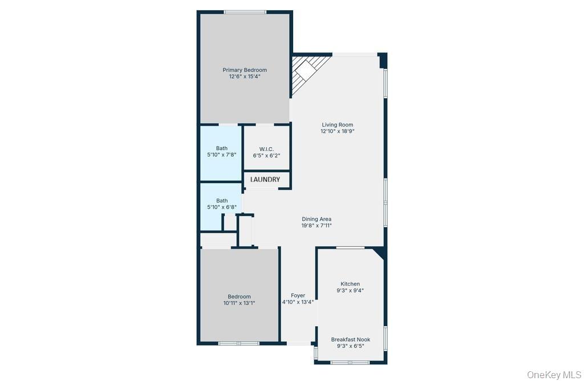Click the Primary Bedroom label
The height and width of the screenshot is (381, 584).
[x=245, y=70]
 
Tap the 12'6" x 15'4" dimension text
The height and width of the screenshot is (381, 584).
[x=245, y=77]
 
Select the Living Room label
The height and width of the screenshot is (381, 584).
[x=338, y=125]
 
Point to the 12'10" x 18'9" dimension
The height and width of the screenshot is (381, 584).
[x=338, y=131]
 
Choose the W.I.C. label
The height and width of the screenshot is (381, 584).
[x=267, y=149]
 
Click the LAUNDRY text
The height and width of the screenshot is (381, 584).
[x=266, y=180]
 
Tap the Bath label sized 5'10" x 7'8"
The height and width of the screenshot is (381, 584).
[x=221, y=148]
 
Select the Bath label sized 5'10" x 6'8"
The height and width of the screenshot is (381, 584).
[x=222, y=201]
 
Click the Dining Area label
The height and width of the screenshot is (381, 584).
[x=317, y=219]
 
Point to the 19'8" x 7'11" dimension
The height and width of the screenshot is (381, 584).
[x=317, y=225]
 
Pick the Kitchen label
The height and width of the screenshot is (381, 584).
[x=350, y=284]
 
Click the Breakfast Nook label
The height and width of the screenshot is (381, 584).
[x=351, y=339]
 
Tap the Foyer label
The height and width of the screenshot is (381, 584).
[x=298, y=295]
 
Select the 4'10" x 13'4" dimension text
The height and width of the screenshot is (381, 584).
[x=298, y=302]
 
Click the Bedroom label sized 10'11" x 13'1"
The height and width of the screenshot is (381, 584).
[x=239, y=297]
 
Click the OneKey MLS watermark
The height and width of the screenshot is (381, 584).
[x=554, y=374]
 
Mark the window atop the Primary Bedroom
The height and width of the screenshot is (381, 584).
[x=245, y=12]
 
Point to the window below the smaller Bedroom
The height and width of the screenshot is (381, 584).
[x=239, y=343]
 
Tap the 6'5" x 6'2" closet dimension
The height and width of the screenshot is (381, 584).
[x=267, y=155]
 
